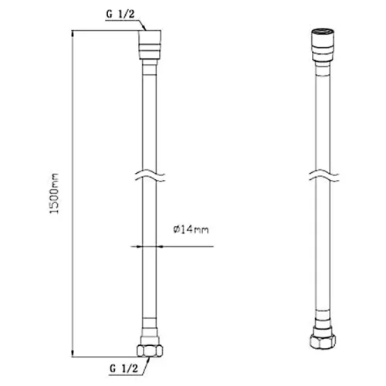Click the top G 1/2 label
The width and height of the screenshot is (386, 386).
click(x=120, y=14)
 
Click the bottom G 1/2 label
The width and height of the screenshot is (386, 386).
click(x=124, y=368)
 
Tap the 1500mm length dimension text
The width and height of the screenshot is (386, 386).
click(x=54, y=194)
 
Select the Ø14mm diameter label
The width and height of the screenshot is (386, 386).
click(x=191, y=229)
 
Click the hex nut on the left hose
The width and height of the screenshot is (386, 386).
click(x=150, y=350)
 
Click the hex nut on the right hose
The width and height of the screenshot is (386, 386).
click(x=323, y=341)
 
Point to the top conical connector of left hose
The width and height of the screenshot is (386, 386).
click(x=151, y=45)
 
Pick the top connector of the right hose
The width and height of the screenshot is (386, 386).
click(x=323, y=45)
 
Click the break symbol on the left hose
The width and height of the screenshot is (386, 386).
click(x=150, y=176)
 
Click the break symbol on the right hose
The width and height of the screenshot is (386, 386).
click(x=324, y=176)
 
